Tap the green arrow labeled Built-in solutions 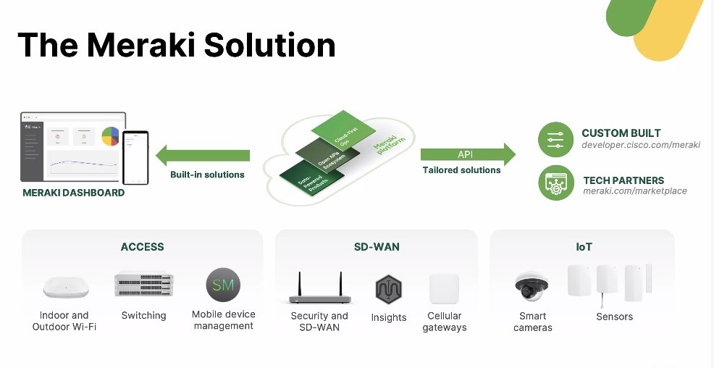coord(203,155)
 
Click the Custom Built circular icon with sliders coord(555,140)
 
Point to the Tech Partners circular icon coord(555,183)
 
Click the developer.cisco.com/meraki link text coord(641,145)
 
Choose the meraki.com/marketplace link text coord(635,191)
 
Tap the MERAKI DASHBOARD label coord(74,193)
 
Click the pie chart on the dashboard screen coord(110,135)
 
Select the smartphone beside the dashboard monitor coord(135,157)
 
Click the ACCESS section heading coord(142,247)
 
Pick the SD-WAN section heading coord(377,247)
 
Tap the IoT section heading coord(584,247)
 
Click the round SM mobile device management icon coord(223,285)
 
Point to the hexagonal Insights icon coord(389,290)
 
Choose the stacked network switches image coord(143,285)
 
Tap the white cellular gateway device coord(444,288)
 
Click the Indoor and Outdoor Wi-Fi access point coord(65,288)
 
